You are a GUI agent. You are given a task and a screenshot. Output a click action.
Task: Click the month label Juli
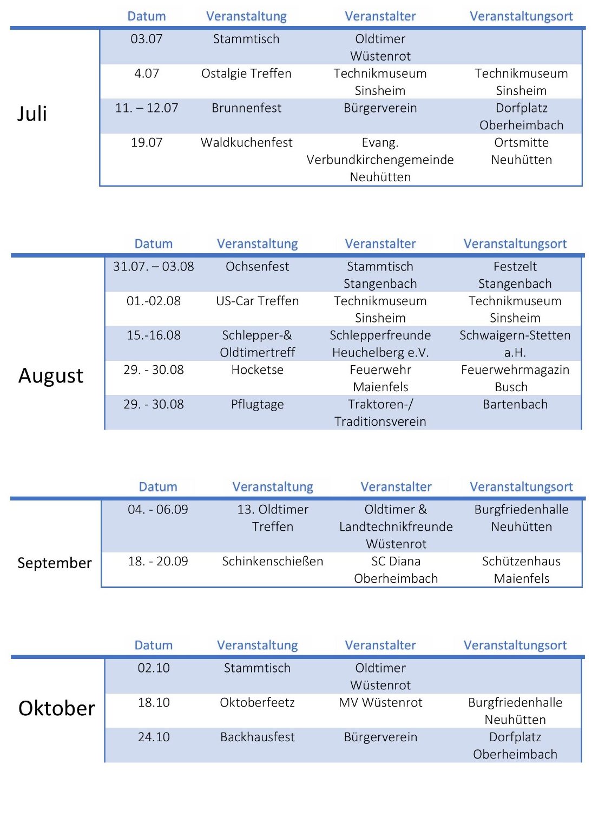[x=32, y=114]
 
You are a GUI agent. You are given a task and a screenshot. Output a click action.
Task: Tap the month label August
[x=51, y=375]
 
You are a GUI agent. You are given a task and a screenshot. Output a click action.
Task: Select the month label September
[x=54, y=563]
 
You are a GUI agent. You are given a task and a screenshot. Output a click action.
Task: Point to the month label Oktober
[x=57, y=708]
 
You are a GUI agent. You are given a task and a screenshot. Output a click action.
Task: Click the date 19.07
[x=147, y=142]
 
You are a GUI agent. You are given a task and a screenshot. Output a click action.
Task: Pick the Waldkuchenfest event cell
[x=246, y=142]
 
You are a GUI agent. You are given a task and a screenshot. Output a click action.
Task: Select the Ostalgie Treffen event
[x=246, y=73]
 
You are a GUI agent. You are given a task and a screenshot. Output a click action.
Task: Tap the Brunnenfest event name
[x=246, y=108]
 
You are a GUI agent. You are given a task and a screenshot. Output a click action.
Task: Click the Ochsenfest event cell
[x=257, y=266]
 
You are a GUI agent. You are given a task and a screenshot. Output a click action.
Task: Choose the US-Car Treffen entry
[x=257, y=301]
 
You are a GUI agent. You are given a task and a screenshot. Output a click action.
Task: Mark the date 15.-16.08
[x=154, y=335]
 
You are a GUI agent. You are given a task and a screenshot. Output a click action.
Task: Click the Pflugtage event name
[x=257, y=404]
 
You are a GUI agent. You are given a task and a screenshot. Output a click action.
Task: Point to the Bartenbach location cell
[x=515, y=404]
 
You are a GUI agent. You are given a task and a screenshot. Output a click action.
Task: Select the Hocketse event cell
[x=257, y=370]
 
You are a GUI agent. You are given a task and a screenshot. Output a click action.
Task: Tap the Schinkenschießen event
[x=273, y=561]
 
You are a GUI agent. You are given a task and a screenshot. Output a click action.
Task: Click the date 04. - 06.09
[x=158, y=509]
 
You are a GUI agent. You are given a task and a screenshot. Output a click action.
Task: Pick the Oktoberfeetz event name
[x=257, y=702]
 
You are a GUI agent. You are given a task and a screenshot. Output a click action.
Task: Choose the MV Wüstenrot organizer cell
[x=380, y=702]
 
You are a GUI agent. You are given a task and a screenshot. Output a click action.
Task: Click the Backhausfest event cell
[x=257, y=737]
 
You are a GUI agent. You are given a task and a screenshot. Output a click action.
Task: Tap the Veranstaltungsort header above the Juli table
[x=521, y=16]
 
